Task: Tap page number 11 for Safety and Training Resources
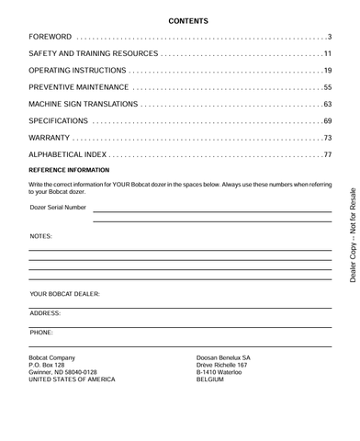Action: [326, 54]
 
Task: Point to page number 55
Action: [326, 88]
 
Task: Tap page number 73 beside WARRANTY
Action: [326, 138]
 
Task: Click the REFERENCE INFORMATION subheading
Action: [70, 170]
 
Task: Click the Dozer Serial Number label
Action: [58, 208]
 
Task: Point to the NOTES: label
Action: [41, 236]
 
